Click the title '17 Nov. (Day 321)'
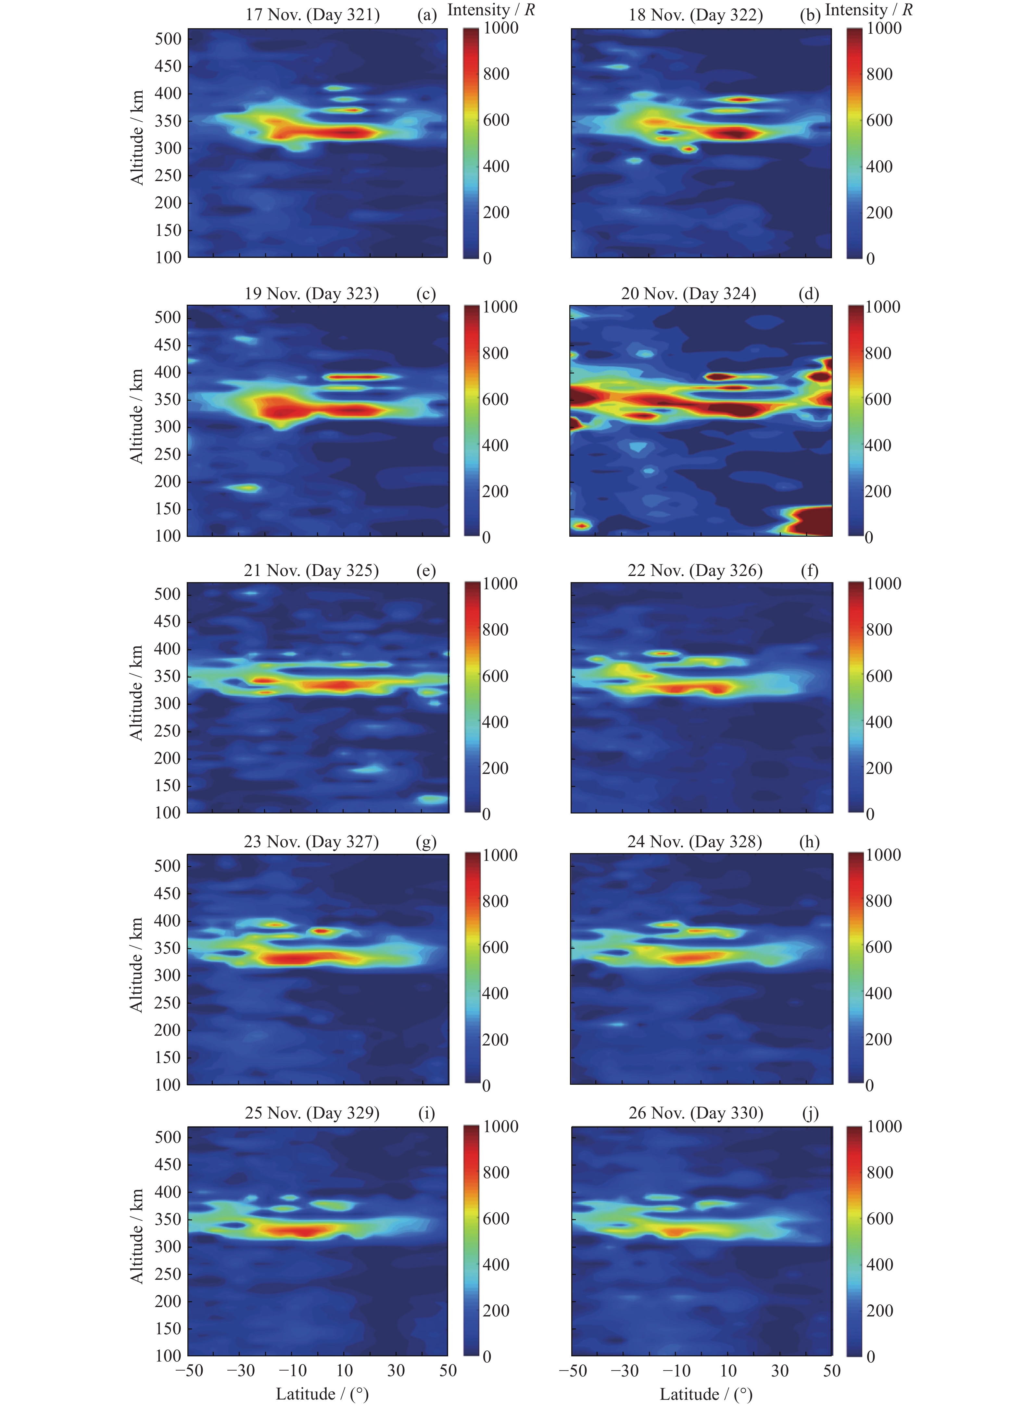(312, 15)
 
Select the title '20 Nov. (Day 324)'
(688, 293)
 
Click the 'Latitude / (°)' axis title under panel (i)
(322, 1394)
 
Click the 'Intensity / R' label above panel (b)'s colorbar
(868, 10)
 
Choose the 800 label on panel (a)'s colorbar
(496, 74)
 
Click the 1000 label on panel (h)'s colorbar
(883, 855)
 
